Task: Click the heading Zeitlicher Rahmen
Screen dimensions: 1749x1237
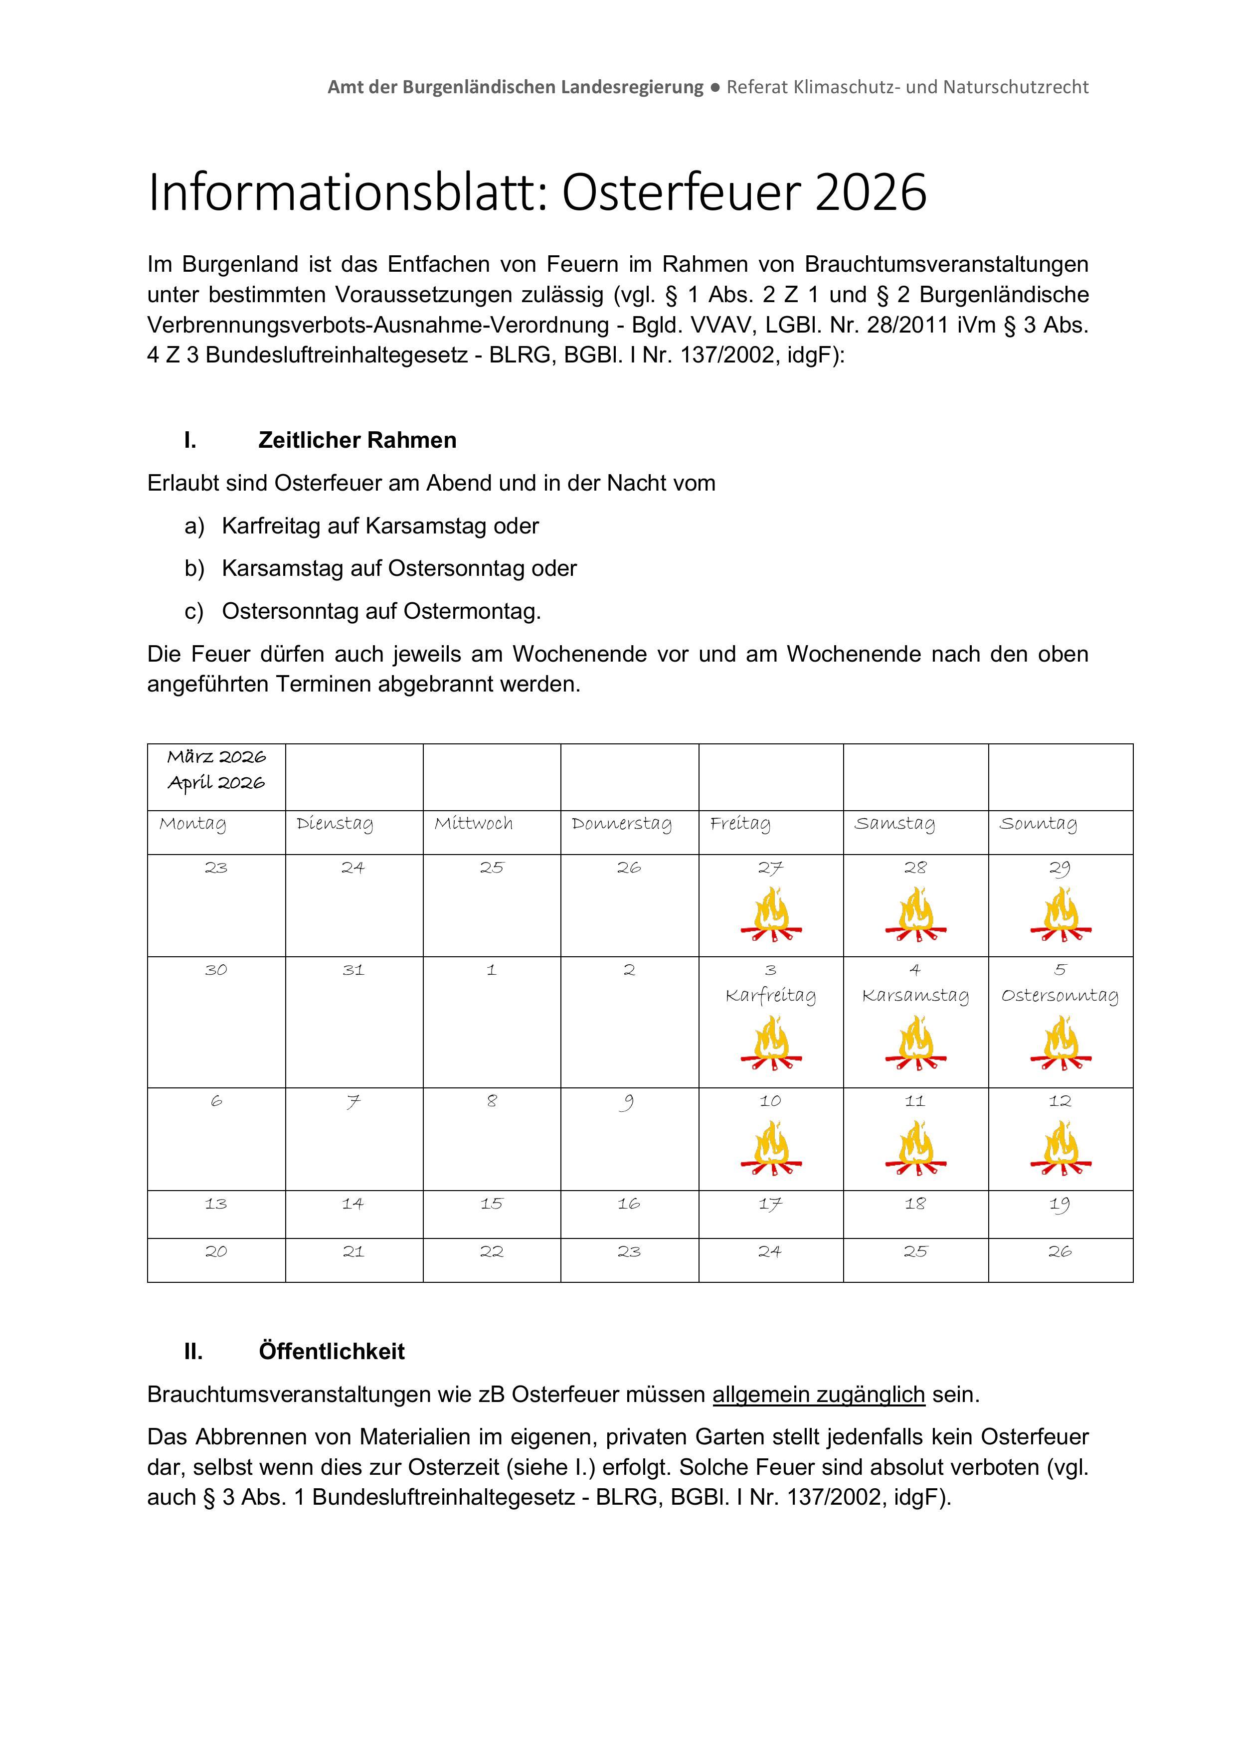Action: pos(357,440)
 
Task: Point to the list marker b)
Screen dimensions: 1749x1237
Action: pos(194,568)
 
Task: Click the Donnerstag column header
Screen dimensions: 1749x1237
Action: pos(622,824)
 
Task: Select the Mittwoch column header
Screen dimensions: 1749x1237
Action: pos(474,824)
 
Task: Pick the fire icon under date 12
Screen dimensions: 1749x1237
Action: pos(1060,1149)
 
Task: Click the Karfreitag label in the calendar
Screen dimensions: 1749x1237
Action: pos(771,996)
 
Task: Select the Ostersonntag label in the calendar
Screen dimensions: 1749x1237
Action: pos(1060,996)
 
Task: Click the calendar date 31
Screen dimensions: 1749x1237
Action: pos(353,970)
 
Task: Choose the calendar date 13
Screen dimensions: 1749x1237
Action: pos(216,1204)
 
